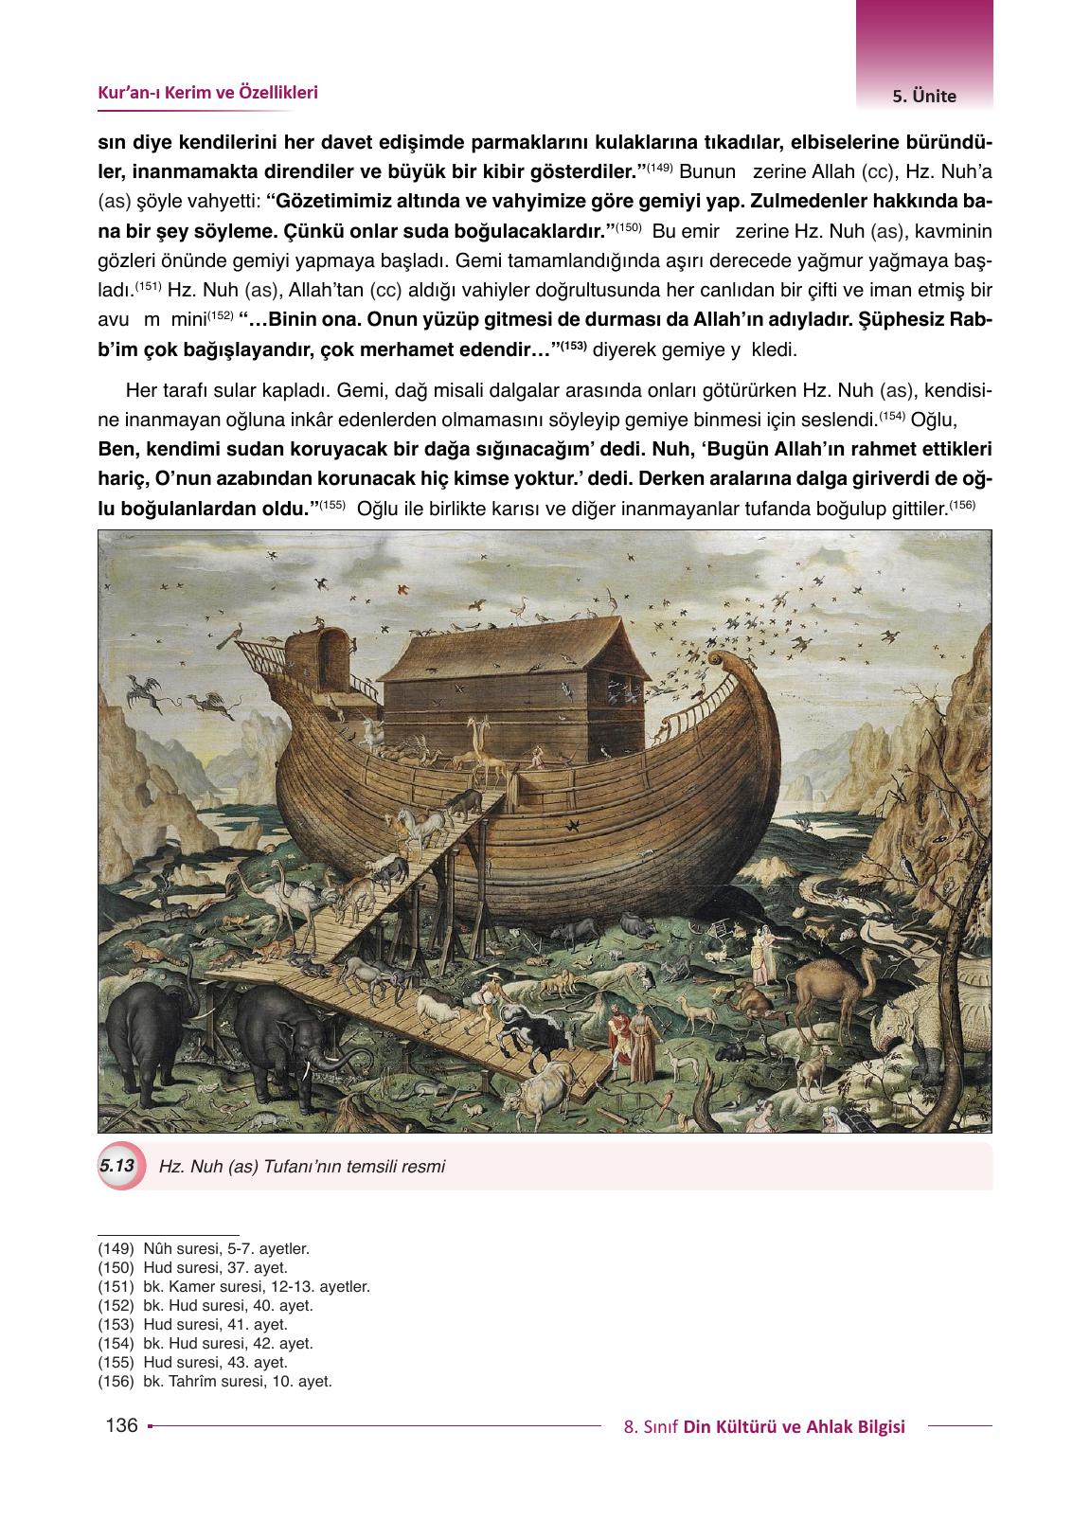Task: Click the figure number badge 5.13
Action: (x=117, y=1166)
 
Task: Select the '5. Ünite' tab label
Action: (x=923, y=96)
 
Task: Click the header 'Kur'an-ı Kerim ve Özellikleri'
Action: (x=207, y=93)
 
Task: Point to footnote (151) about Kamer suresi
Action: (x=234, y=1288)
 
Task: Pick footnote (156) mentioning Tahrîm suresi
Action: (x=215, y=1382)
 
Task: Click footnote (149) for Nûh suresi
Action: (x=204, y=1249)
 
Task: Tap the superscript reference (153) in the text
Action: (x=573, y=346)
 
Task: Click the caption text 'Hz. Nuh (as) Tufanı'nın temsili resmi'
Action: (x=303, y=1167)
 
